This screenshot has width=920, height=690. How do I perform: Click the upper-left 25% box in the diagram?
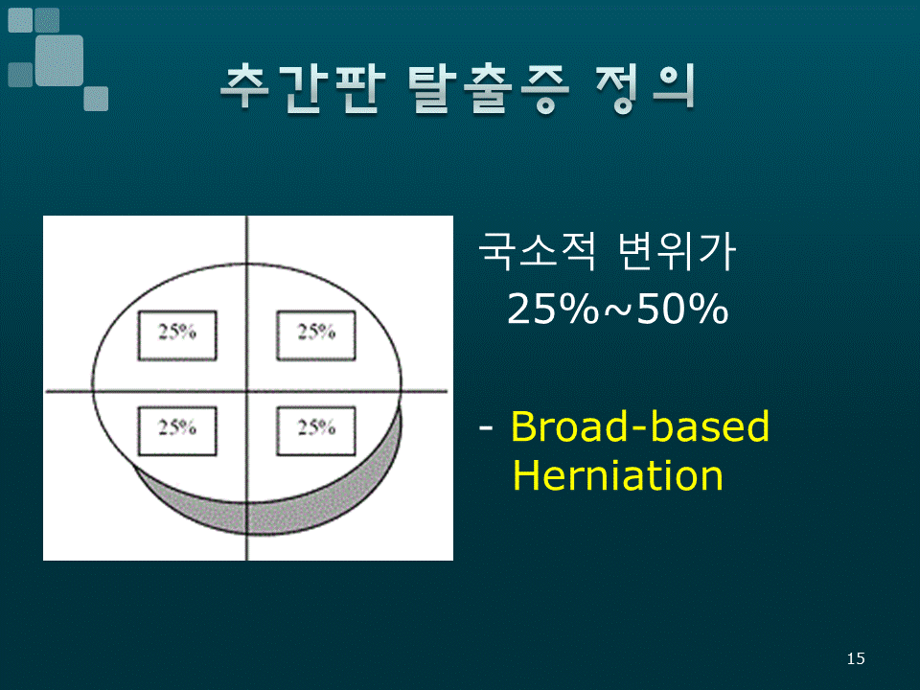[x=177, y=335]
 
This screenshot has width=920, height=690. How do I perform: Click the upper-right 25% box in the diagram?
[x=316, y=335]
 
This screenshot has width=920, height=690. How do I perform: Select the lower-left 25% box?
[x=177, y=430]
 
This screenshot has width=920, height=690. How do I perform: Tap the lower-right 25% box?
[x=316, y=430]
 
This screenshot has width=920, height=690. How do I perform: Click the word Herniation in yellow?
[x=618, y=475]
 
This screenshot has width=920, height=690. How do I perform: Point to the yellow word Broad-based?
[x=640, y=425]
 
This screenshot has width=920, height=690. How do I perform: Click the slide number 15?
[x=856, y=658]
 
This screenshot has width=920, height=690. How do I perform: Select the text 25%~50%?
[x=618, y=309]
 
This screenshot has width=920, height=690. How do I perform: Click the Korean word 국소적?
[x=537, y=251]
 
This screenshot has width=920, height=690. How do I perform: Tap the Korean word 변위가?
[x=678, y=251]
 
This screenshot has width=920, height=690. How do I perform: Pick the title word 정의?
[x=644, y=88]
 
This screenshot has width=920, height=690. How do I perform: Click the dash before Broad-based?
[x=486, y=427]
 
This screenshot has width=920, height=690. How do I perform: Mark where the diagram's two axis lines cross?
[x=246, y=391]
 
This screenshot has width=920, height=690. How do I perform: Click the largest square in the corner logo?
[x=59, y=60]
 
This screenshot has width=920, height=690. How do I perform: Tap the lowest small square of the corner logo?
[x=96, y=99]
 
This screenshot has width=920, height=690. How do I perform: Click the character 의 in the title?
[x=673, y=88]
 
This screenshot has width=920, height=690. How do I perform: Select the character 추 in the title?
[x=246, y=88]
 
